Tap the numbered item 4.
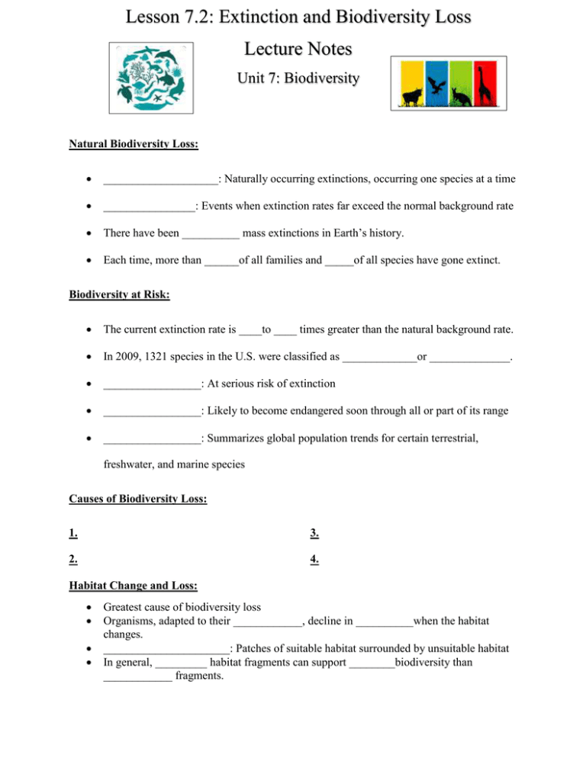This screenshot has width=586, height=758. point(314,559)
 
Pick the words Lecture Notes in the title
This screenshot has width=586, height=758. point(293,50)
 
